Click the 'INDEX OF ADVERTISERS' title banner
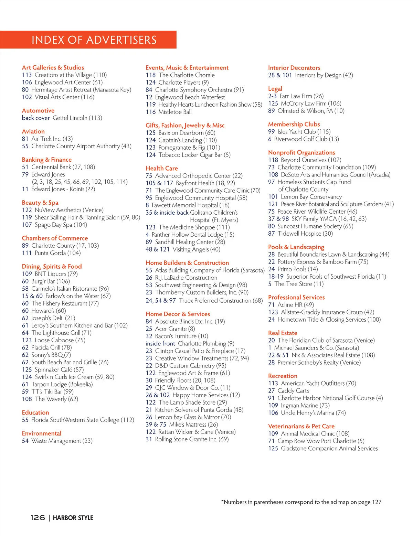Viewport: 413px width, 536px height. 94,40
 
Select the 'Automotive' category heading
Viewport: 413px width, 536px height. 38,110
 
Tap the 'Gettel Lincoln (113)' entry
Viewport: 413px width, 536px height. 77,118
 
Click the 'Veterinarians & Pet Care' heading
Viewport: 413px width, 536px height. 301,426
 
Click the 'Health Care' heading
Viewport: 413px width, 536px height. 162,168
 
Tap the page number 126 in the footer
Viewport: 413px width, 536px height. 38,518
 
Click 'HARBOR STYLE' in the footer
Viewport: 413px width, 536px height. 73,518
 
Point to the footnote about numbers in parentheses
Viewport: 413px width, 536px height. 301,502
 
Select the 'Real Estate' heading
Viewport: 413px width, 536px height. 283,333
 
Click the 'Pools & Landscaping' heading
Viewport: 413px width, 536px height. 296,247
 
